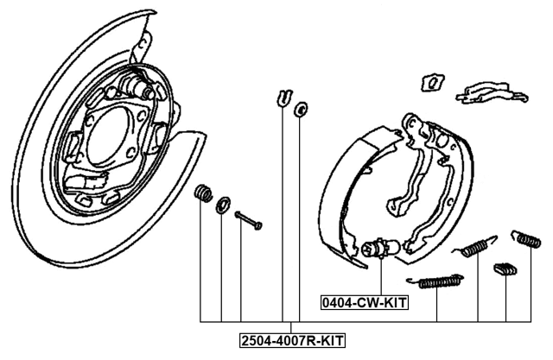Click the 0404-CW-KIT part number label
click(x=365, y=302)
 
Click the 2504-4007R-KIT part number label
click(x=292, y=341)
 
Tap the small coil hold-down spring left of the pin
click(x=204, y=193)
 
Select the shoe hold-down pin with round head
click(x=248, y=220)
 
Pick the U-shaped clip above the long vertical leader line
click(x=284, y=98)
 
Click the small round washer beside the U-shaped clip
click(x=301, y=109)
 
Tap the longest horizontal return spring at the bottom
click(x=435, y=281)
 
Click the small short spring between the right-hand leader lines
click(x=505, y=269)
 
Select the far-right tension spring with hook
click(x=526, y=238)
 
